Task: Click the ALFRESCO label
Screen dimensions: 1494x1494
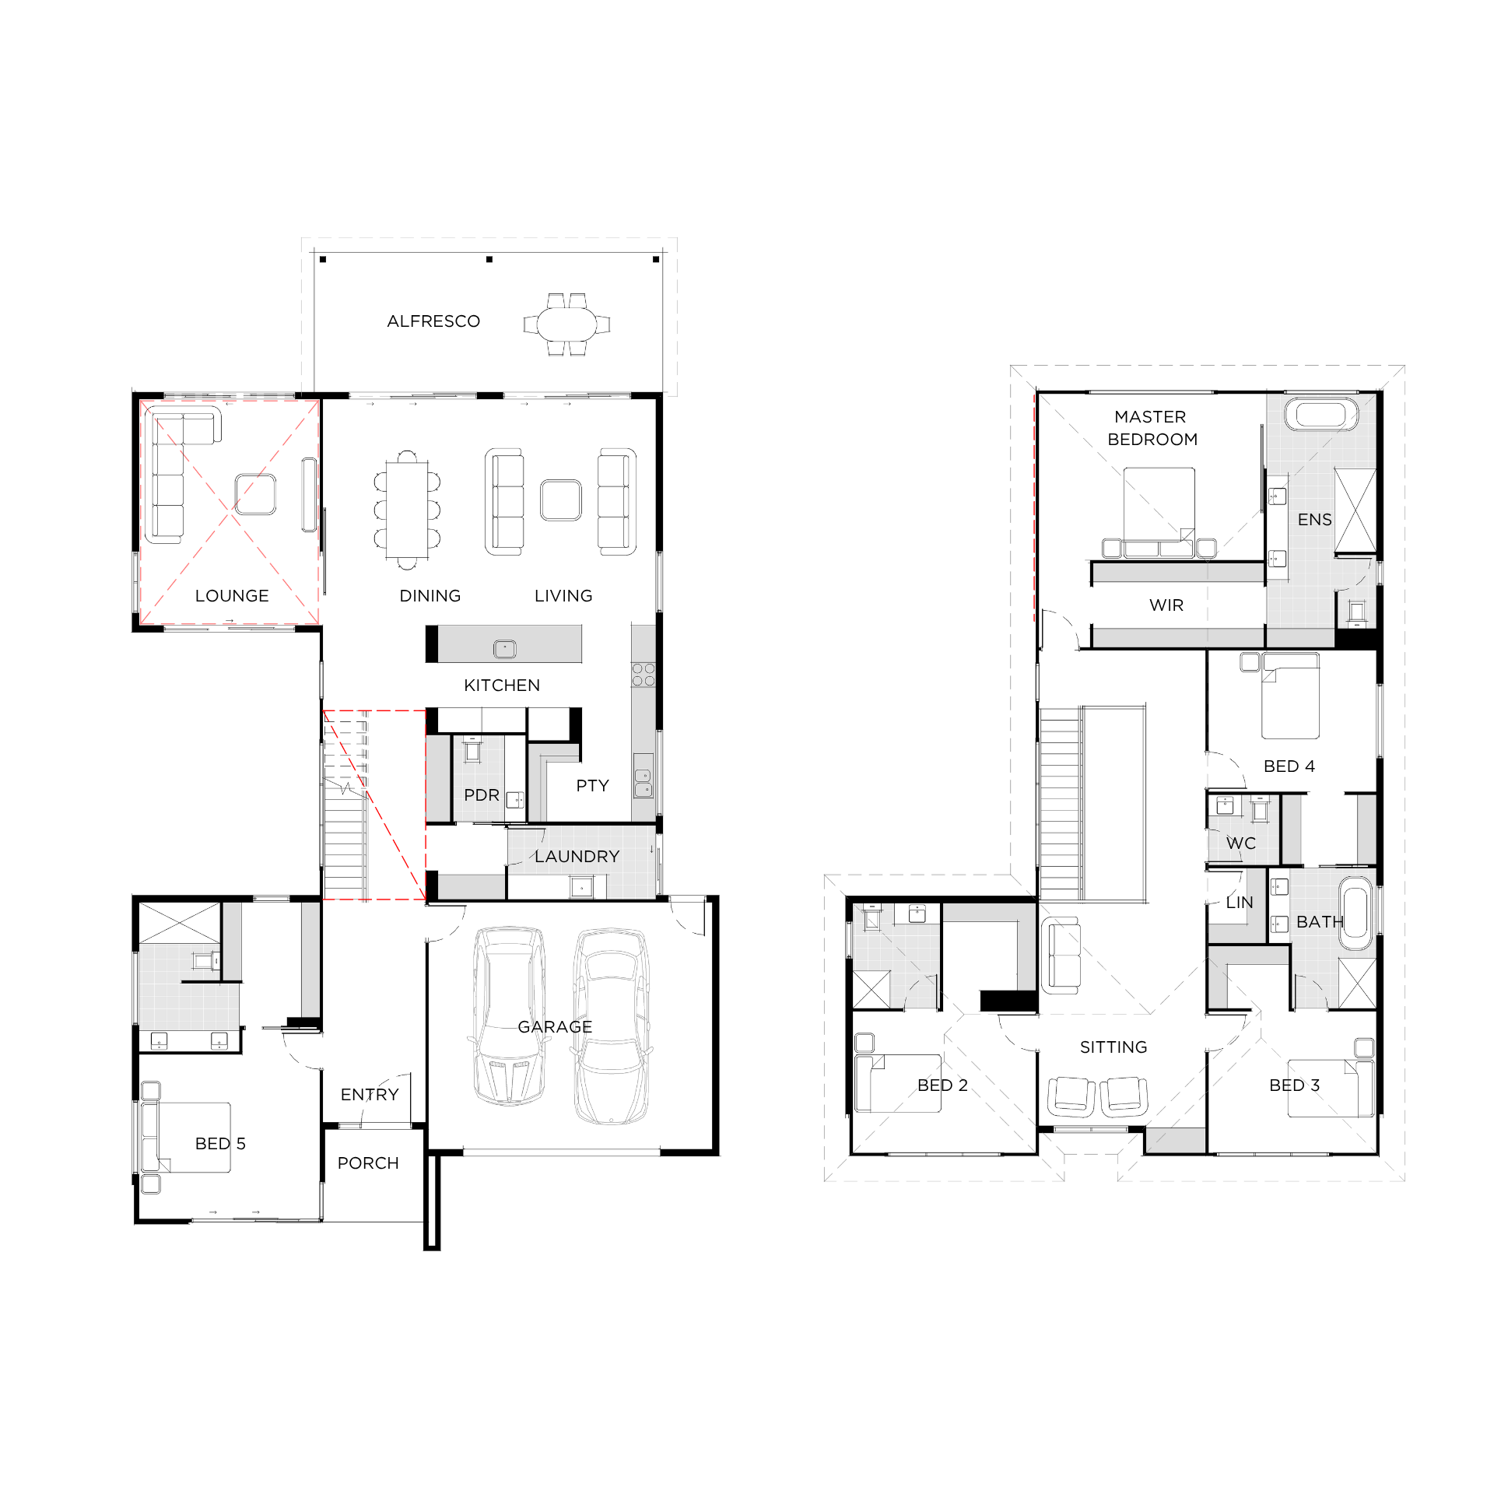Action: (433, 321)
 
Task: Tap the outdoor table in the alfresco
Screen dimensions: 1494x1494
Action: (566, 324)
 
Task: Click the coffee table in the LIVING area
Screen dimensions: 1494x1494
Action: (561, 500)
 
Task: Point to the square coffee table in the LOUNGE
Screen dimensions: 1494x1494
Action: (255, 494)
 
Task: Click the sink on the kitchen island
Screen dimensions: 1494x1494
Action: (505, 648)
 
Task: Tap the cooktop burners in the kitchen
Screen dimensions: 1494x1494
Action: (644, 675)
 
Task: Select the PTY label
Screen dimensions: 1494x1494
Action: (592, 786)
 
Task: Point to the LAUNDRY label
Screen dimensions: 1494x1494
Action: (577, 857)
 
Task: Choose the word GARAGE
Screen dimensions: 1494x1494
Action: (555, 1027)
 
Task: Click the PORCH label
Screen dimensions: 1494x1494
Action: (368, 1163)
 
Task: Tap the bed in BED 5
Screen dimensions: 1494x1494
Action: (187, 1138)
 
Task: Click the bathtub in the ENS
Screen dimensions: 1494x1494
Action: (1320, 414)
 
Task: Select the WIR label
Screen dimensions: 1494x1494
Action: (1166, 605)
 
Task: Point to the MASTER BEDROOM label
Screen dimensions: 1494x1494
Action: (1152, 428)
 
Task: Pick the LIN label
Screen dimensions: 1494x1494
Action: (1240, 903)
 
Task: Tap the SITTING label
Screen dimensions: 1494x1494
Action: (1113, 1047)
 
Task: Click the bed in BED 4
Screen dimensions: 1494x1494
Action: (1290, 696)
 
